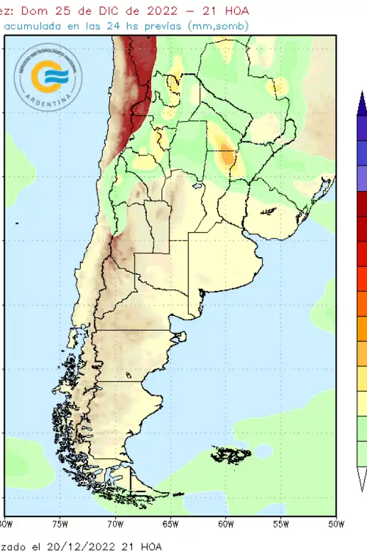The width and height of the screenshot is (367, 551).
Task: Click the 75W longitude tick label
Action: click(x=59, y=524)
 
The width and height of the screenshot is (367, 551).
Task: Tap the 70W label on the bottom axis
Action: click(x=115, y=524)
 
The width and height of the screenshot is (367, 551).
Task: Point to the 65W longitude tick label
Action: click(x=170, y=524)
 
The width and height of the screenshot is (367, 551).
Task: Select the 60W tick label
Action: click(x=226, y=524)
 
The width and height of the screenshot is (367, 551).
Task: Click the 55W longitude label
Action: click(x=281, y=524)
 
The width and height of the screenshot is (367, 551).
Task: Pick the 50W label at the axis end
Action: click(x=336, y=524)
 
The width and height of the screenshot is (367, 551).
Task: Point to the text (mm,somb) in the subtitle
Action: click(x=219, y=26)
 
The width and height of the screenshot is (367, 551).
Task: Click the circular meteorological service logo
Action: click(x=48, y=77)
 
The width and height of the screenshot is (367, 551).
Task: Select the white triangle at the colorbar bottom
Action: click(x=362, y=476)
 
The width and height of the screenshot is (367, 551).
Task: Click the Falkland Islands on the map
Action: click(x=231, y=455)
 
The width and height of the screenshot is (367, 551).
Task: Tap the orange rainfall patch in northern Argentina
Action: click(x=227, y=156)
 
